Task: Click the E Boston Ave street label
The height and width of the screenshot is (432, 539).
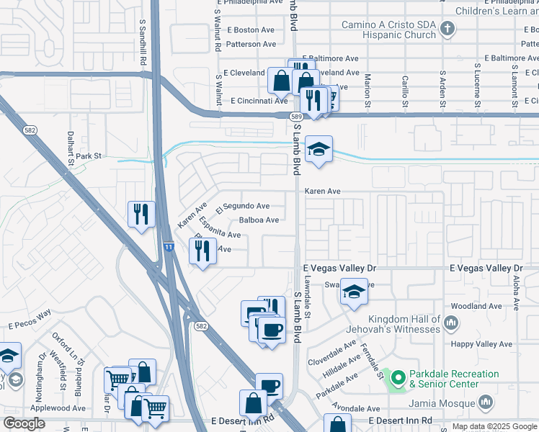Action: point(251,30)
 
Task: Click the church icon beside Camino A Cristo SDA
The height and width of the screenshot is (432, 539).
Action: point(447,30)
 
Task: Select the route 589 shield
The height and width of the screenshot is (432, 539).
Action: point(296,116)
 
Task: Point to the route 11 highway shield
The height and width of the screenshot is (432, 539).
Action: point(168,247)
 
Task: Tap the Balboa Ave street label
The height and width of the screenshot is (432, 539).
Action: point(259,220)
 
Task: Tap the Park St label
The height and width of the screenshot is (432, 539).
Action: point(90,156)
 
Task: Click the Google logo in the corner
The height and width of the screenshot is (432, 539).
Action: point(24,423)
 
